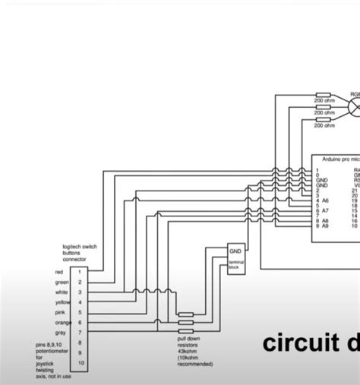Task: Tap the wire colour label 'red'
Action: click(58, 271)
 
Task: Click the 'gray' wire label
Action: click(58, 333)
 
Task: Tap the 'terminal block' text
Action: click(235, 265)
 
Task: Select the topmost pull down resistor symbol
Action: click(186, 313)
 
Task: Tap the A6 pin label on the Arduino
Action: click(325, 200)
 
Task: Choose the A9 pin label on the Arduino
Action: click(325, 226)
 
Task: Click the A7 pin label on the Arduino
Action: click(325, 210)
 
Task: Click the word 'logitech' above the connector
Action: click(74, 247)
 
